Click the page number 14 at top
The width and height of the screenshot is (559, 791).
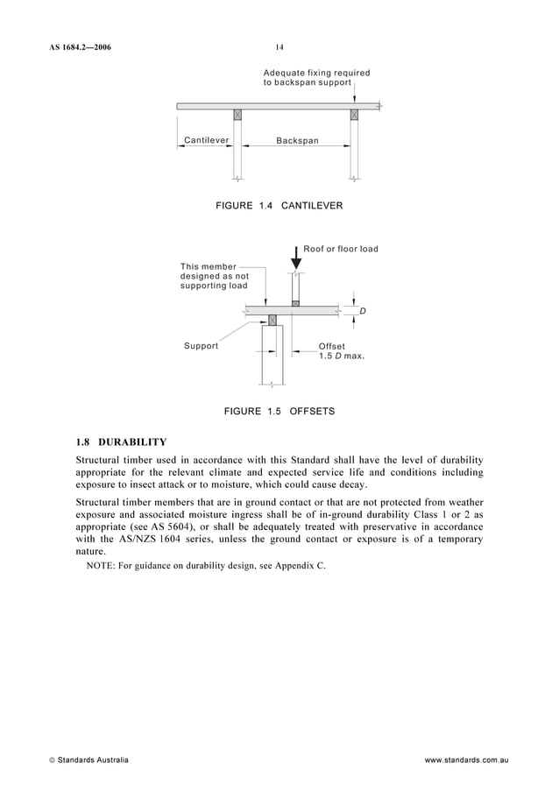[279, 47]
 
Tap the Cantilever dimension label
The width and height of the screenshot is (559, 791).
[207, 140]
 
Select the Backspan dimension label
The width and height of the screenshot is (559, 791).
[298, 140]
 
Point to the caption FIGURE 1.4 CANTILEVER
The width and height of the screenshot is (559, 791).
[279, 205]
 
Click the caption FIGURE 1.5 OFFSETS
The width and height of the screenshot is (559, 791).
[279, 411]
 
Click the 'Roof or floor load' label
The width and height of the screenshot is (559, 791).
[341, 250]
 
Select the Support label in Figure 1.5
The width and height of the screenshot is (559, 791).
[201, 346]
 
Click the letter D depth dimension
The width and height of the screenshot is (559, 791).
[362, 311]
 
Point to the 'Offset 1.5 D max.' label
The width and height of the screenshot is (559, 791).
[341, 351]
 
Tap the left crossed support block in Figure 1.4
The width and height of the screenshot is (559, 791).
[237, 115]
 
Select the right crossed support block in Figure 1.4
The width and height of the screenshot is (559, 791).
[354, 115]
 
